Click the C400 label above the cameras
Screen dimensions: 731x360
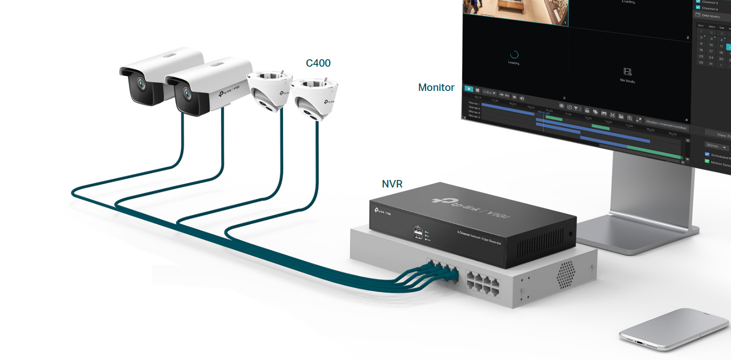[318, 63]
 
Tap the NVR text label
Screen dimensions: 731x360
[392, 184]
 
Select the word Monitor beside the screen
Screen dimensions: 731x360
[436, 87]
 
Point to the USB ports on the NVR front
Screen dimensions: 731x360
[417, 233]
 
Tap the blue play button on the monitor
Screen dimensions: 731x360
[469, 89]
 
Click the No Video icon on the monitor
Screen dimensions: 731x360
[628, 72]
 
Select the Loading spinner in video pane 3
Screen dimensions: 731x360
[514, 55]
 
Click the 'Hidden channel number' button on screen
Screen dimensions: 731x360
[667, 127]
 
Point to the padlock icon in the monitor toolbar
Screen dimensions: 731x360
[587, 111]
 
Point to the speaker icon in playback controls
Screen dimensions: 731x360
[522, 98]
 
